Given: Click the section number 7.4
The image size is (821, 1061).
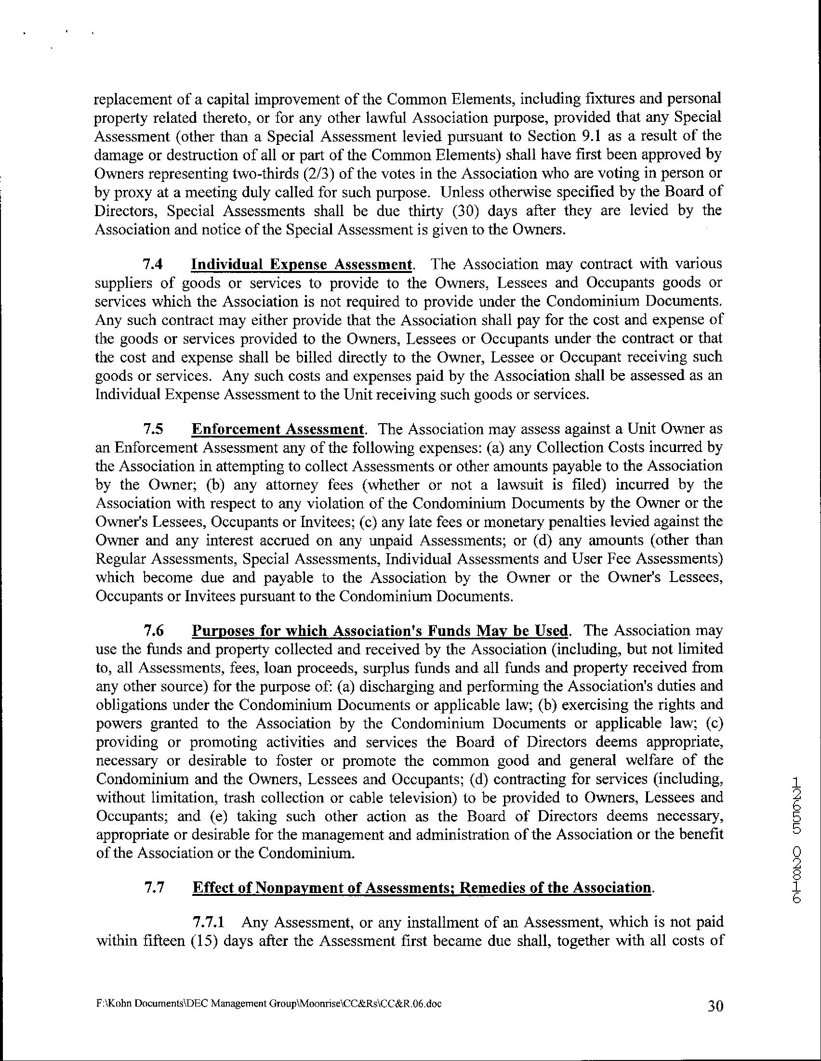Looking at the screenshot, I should [x=153, y=265].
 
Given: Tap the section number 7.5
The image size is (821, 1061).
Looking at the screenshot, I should [x=153, y=429].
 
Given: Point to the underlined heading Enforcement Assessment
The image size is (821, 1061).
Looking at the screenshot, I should [x=278, y=429].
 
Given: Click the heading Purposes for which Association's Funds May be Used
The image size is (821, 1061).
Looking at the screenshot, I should [x=380, y=631].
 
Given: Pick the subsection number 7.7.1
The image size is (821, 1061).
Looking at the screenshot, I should [x=209, y=922].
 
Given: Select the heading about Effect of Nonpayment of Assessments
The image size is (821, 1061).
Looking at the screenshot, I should [x=422, y=888].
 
